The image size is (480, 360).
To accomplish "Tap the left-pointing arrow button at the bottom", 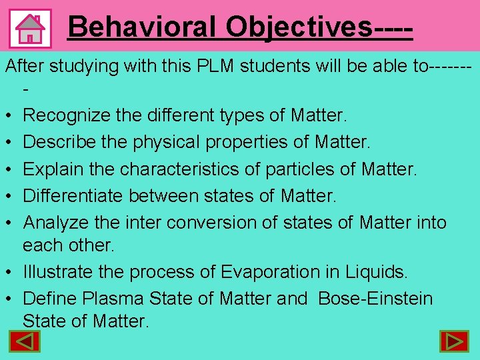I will click(x=24, y=341).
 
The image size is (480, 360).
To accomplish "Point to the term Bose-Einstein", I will click(x=375, y=299).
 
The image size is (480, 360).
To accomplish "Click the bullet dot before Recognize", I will click(x=9, y=117).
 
